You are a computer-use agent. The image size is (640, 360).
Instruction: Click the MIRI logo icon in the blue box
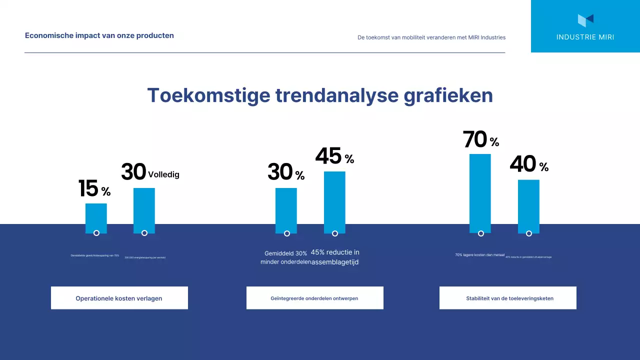tap(585, 20)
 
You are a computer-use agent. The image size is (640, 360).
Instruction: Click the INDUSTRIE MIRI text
tap(585, 37)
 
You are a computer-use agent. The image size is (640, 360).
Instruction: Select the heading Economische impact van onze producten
tap(99, 35)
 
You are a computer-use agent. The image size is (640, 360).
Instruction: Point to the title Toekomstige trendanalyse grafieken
tap(320, 95)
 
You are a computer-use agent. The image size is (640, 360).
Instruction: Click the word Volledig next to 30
tap(163, 175)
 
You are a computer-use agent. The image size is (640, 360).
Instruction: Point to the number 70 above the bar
tap(475, 139)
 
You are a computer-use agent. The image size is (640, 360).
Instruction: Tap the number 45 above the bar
tap(328, 156)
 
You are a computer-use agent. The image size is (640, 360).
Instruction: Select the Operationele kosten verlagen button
tap(119, 298)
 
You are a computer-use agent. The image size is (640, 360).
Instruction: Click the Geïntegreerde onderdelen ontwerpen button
tap(314, 298)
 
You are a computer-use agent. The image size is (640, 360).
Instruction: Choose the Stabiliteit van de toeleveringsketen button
tap(507, 298)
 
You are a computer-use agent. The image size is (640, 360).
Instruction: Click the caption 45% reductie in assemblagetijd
tap(335, 257)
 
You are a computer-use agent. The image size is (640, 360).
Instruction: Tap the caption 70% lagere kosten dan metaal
tap(479, 255)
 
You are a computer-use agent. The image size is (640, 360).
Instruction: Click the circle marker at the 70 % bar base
tap(481, 233)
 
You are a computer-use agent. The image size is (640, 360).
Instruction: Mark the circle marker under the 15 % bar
tap(96, 233)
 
